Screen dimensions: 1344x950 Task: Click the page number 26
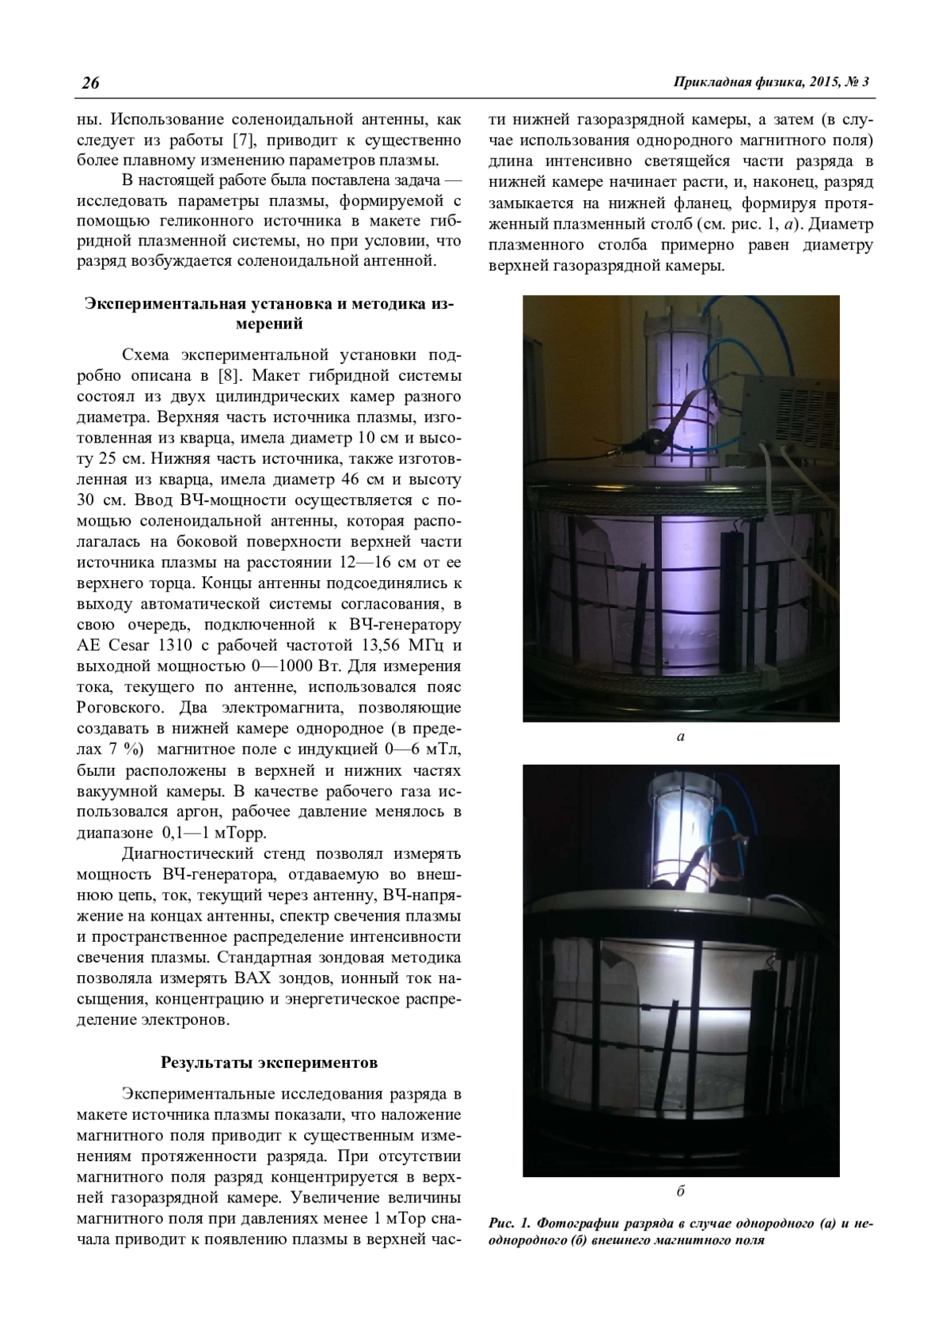(x=89, y=83)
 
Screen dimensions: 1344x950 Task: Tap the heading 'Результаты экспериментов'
(x=269, y=1062)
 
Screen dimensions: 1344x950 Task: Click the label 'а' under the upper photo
(x=681, y=736)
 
